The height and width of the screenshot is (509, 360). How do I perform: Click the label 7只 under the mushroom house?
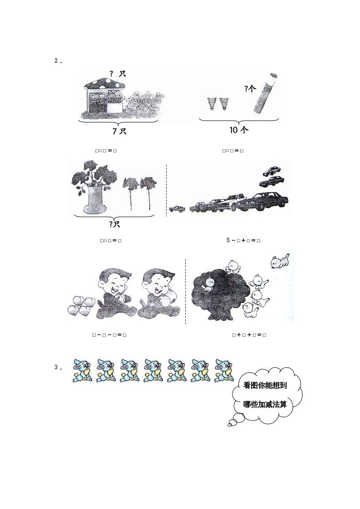[119, 131]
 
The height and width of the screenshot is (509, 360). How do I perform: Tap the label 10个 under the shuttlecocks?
[239, 130]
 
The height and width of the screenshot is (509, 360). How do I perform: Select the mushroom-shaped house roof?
[104, 83]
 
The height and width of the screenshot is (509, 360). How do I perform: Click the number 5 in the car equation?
[228, 240]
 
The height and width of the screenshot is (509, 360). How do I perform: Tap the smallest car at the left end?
[177, 209]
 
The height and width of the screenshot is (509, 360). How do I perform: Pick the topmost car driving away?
[271, 171]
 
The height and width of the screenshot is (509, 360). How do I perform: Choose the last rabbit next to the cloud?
[224, 370]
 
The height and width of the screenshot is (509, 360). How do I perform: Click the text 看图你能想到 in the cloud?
[266, 386]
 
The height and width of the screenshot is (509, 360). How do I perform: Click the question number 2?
[57, 61]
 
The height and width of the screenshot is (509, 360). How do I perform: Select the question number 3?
[57, 367]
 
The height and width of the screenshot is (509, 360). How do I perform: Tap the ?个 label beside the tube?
[250, 89]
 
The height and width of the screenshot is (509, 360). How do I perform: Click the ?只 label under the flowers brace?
[114, 224]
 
